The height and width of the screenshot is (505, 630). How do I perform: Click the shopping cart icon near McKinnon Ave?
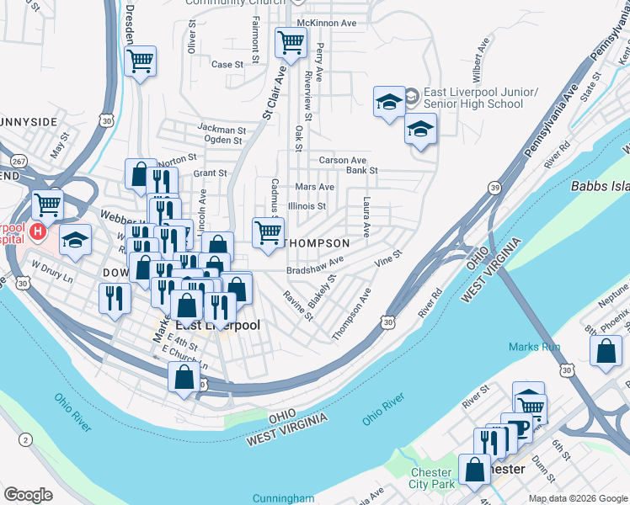[x=291, y=40]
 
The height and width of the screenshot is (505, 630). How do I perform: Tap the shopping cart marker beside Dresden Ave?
[x=140, y=60]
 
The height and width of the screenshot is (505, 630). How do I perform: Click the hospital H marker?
[x=37, y=230]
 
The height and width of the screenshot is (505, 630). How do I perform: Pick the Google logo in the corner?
[x=29, y=494]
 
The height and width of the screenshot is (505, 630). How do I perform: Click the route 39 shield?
[x=494, y=184]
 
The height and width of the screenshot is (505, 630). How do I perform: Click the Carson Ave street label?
[x=342, y=160]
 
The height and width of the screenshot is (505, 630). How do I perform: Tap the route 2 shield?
[x=25, y=439]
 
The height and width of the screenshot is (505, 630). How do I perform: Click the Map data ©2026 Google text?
[x=577, y=498]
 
